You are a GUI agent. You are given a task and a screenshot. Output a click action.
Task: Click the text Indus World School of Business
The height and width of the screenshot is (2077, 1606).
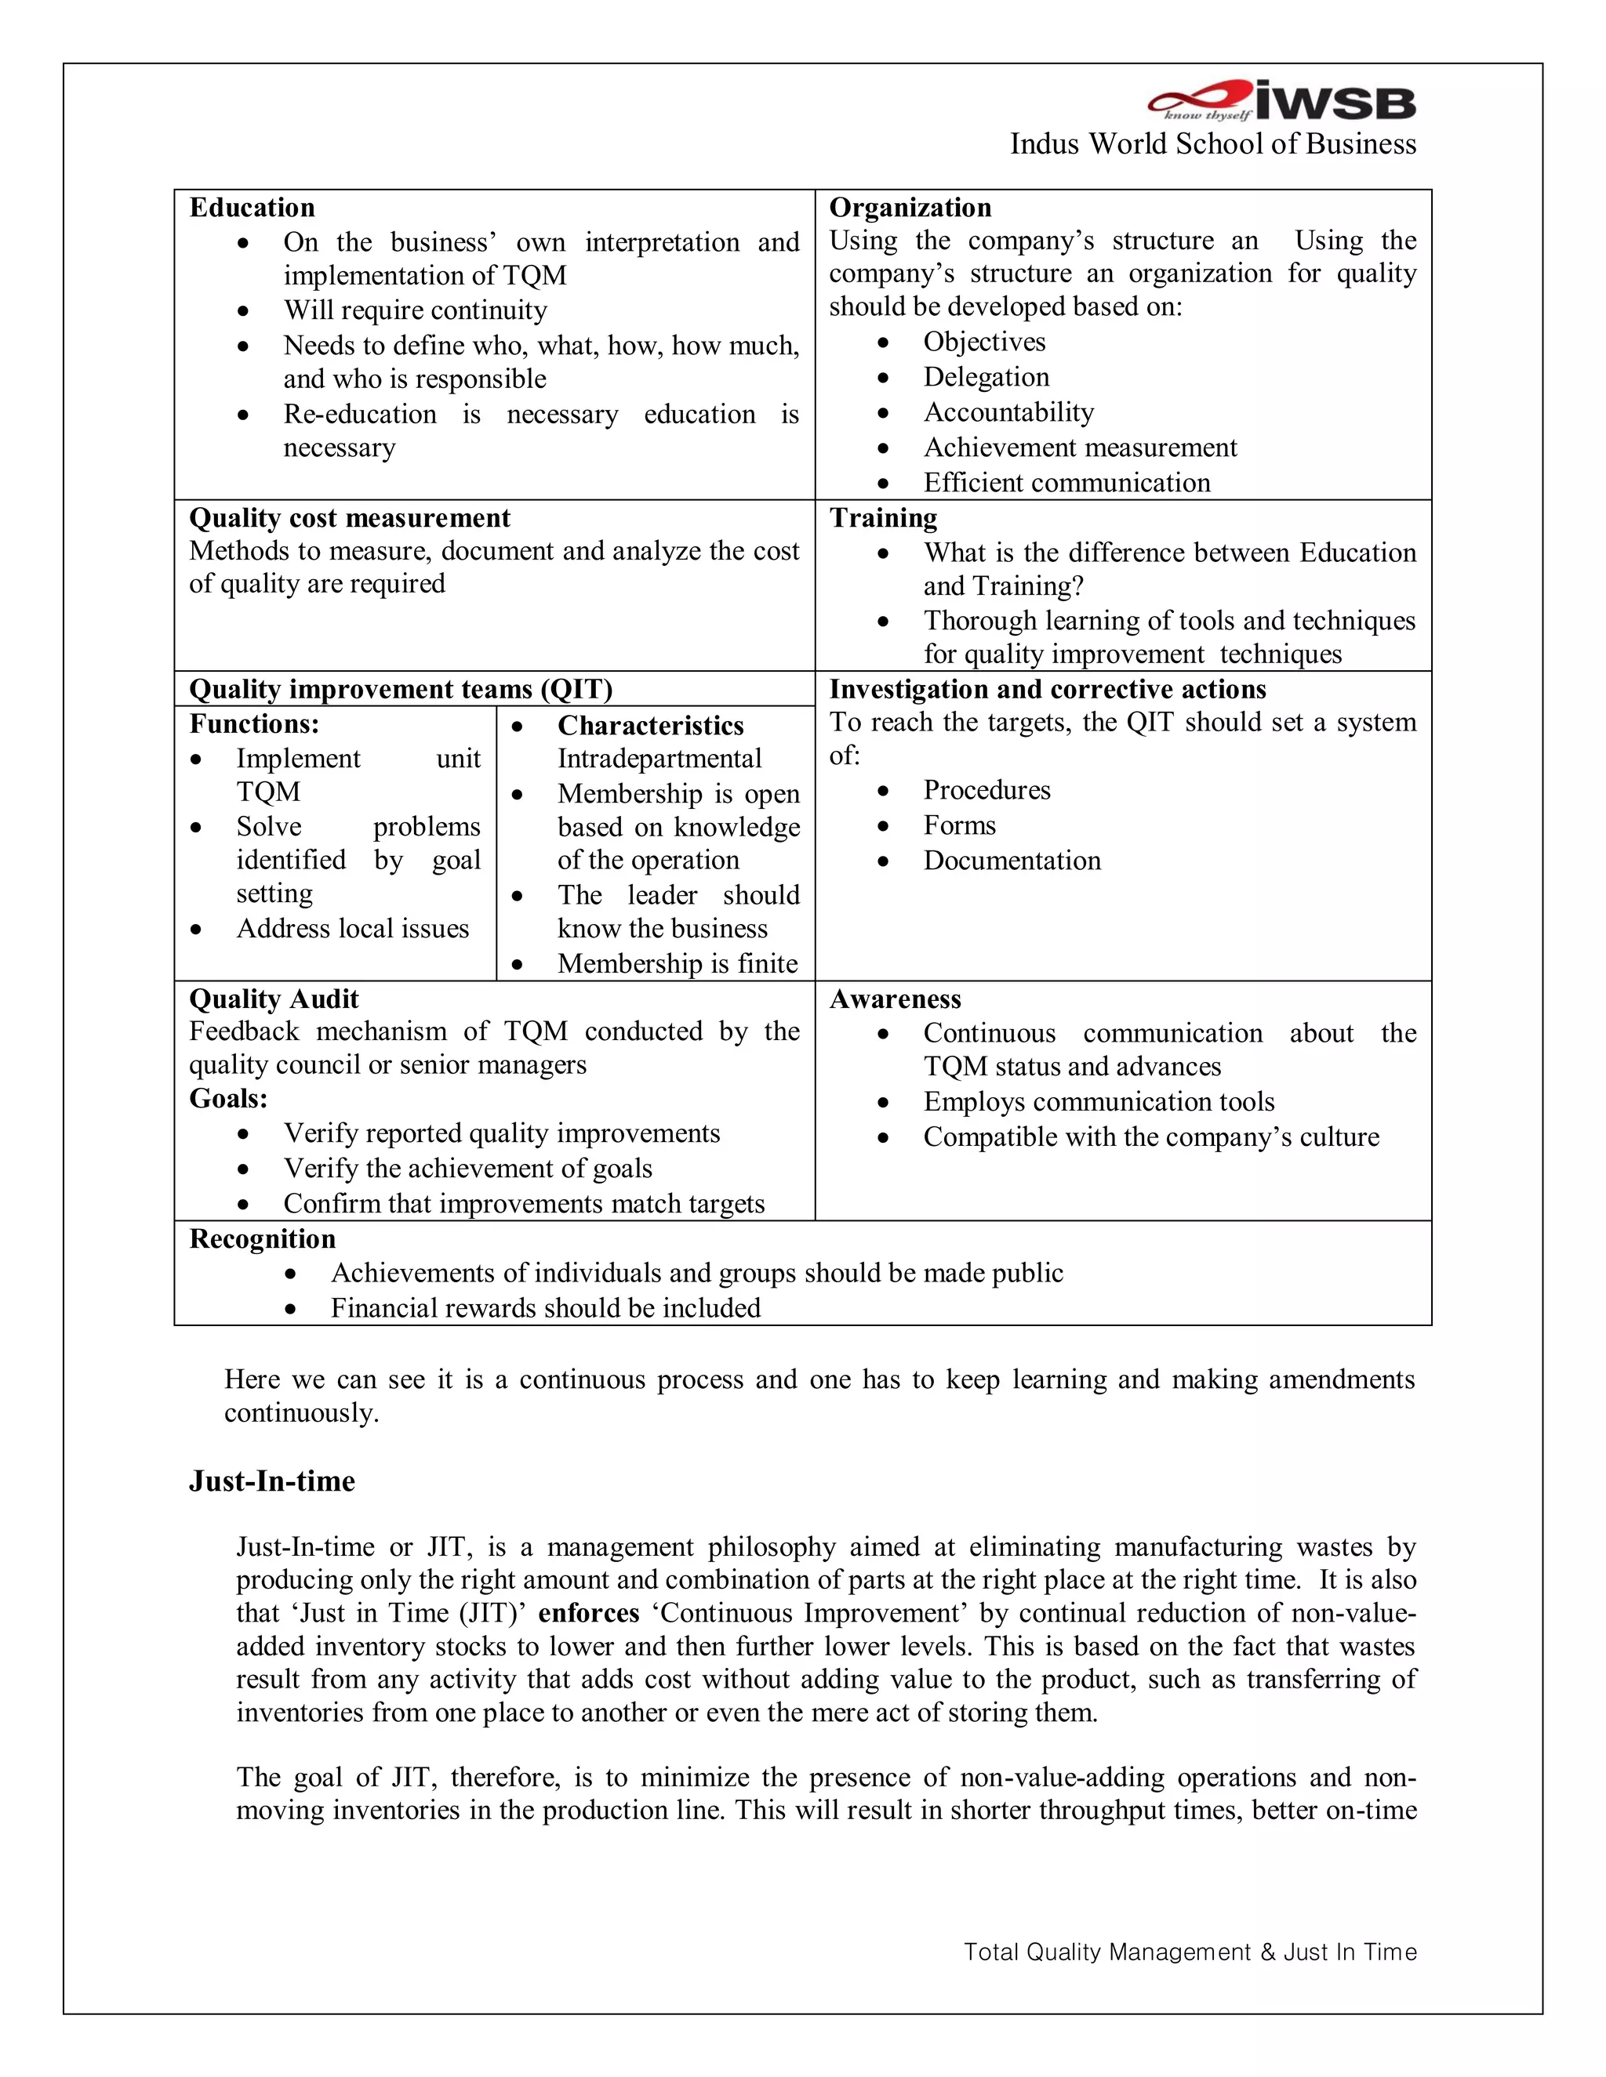[x=1212, y=143]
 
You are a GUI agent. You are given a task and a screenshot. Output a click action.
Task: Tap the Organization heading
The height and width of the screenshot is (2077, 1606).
[x=910, y=208]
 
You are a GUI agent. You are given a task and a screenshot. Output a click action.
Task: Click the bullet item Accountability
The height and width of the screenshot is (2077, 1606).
[x=1008, y=411]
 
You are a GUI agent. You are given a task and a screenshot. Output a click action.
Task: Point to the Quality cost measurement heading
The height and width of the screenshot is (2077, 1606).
[x=349, y=517]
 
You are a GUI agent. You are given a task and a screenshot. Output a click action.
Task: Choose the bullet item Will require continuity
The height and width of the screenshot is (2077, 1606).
[x=415, y=310]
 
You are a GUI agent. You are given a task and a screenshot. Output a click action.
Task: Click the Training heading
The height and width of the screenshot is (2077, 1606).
[x=883, y=517]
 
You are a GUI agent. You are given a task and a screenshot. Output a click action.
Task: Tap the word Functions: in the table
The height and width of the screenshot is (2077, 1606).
[x=254, y=723]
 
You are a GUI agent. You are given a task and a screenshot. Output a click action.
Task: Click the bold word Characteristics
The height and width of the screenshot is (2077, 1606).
[x=650, y=726]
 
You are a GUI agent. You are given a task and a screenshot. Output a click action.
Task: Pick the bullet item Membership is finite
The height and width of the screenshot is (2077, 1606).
[x=678, y=963]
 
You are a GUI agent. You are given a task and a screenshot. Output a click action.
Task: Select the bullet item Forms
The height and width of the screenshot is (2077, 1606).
[x=959, y=825]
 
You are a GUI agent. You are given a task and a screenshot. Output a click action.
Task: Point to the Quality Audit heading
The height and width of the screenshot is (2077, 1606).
[x=274, y=999]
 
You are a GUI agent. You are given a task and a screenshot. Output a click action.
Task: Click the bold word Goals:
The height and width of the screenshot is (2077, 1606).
[x=228, y=1098]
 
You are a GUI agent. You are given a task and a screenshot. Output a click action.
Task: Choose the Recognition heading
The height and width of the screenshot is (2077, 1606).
[x=263, y=1238]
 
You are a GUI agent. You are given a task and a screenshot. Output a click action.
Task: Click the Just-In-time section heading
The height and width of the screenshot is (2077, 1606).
[x=272, y=1481]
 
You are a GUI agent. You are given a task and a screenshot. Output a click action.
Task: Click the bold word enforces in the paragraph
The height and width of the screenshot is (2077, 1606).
[x=588, y=1613]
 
